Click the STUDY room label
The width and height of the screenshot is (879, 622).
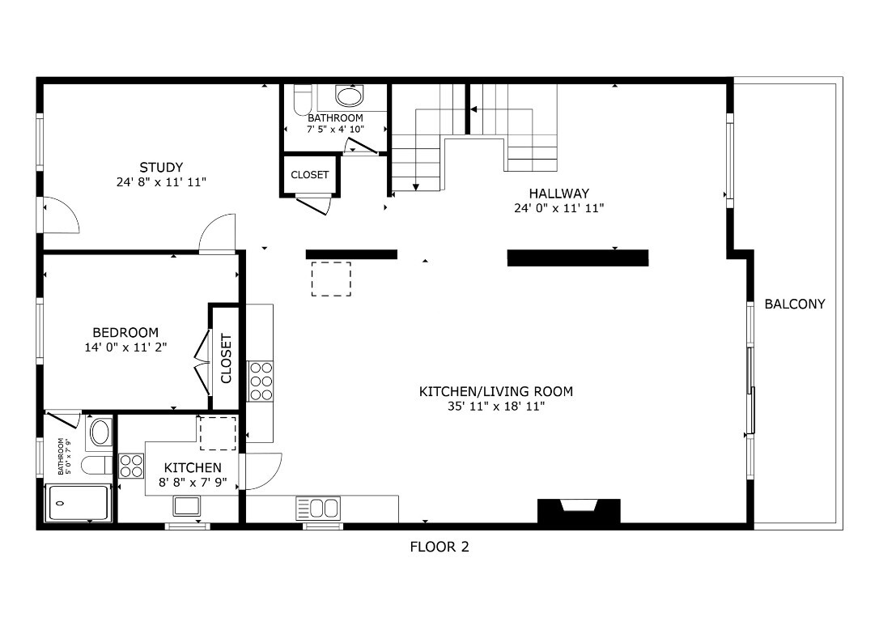(161, 168)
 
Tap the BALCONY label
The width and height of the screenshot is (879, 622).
(795, 305)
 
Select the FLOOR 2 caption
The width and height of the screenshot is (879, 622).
(439, 547)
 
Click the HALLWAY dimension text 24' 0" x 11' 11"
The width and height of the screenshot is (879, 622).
(558, 208)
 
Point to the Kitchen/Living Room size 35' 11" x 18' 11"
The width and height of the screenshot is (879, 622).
(495, 407)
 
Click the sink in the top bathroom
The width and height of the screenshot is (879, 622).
(350, 97)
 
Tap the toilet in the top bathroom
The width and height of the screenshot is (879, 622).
(302, 100)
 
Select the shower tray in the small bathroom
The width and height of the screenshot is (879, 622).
(79, 503)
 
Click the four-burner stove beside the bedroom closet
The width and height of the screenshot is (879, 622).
(261, 381)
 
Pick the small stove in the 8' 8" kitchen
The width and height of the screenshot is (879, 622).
(131, 465)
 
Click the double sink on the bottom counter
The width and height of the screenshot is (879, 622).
(321, 509)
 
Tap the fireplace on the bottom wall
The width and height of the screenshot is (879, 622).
(579, 511)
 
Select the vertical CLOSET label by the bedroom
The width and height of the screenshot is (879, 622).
(226, 359)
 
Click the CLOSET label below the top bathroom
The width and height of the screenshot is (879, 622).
(310, 175)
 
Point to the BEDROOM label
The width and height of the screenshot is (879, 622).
(125, 332)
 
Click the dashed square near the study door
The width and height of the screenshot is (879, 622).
(331, 279)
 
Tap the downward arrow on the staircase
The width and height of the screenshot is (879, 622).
(416, 186)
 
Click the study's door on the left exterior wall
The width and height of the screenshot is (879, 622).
(58, 215)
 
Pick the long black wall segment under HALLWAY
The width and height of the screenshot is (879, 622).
(577, 258)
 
